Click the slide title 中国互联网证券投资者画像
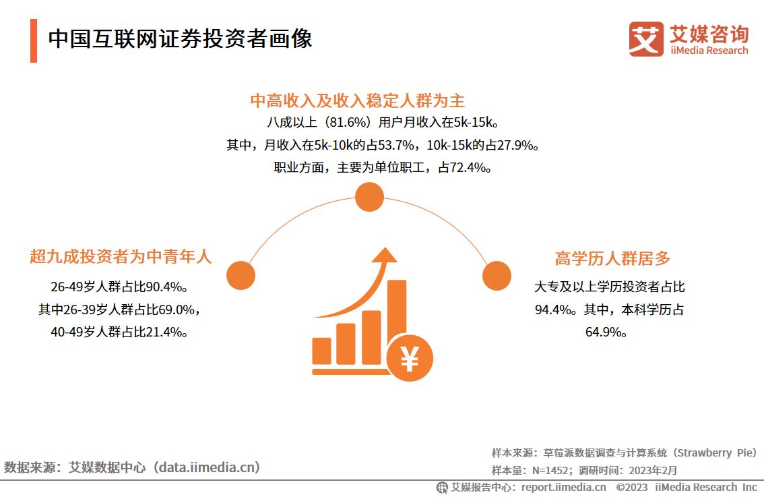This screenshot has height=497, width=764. [180, 39]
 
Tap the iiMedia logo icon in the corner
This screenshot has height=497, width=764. [646, 39]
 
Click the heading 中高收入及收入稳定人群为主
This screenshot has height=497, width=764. [358, 101]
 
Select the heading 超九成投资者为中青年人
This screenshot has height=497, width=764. [121, 257]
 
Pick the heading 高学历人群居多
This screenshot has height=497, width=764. [612, 258]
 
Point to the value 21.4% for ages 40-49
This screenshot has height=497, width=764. [165, 332]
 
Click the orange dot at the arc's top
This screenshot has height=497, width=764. [369, 198]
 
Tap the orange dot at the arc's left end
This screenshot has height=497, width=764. [241, 276]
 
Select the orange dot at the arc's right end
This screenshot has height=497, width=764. [497, 276]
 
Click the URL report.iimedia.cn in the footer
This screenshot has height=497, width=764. [563, 487]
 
